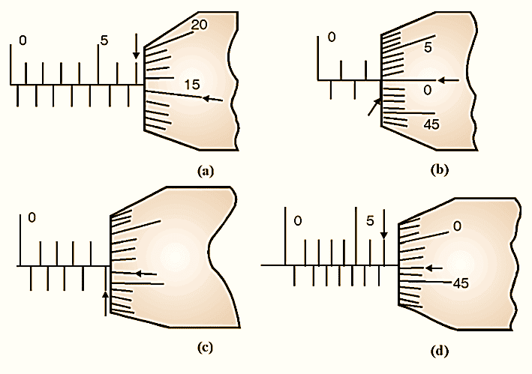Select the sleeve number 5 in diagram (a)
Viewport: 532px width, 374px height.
click(104, 40)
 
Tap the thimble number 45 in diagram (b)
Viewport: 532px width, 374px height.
click(431, 124)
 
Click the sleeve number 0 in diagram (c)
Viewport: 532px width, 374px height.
click(32, 218)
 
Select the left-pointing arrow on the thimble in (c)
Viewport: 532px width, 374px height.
click(146, 274)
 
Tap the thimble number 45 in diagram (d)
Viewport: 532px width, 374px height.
click(461, 283)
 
